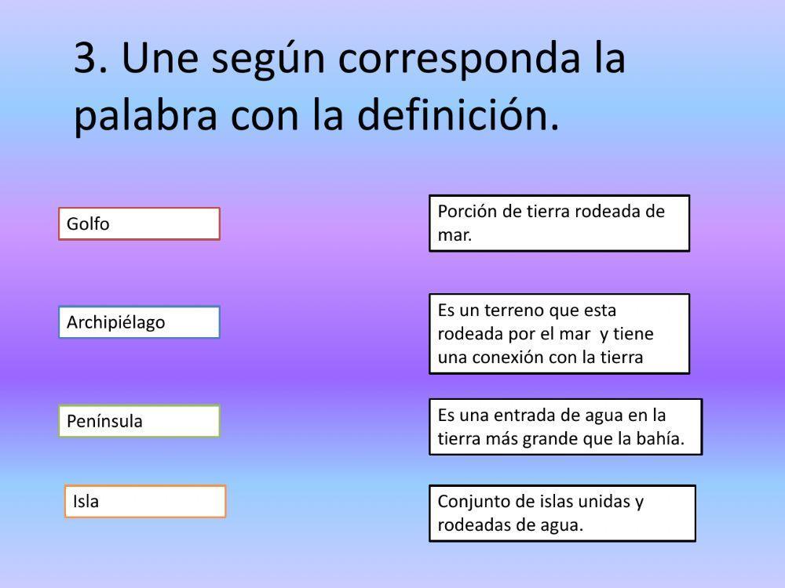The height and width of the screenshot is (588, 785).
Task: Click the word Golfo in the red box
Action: (x=88, y=223)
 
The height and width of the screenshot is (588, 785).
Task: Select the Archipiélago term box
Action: (x=139, y=322)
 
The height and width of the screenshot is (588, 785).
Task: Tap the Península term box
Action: (x=139, y=421)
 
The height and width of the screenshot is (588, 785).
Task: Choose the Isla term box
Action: (x=144, y=501)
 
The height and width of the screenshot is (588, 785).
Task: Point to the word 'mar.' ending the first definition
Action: (x=455, y=234)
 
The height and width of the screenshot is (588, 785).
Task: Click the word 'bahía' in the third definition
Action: (x=663, y=439)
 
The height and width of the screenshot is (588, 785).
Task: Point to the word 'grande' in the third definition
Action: (x=549, y=439)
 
